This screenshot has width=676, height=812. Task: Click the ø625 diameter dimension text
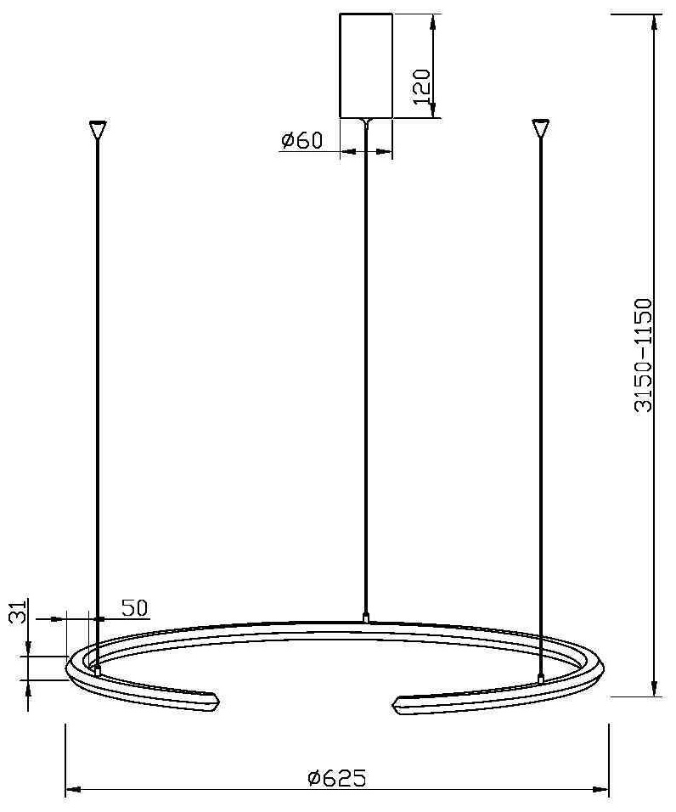pos(336,777)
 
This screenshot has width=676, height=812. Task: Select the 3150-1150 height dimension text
pos(644,355)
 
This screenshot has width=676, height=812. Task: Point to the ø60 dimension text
pos(301,140)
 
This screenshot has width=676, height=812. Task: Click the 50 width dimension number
pos(134,607)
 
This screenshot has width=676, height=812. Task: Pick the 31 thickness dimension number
pos(19,612)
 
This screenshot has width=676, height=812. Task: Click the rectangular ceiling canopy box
pos(366,65)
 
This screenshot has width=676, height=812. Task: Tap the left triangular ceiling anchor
pos(98,129)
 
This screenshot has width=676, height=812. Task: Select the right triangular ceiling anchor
pos(541,128)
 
